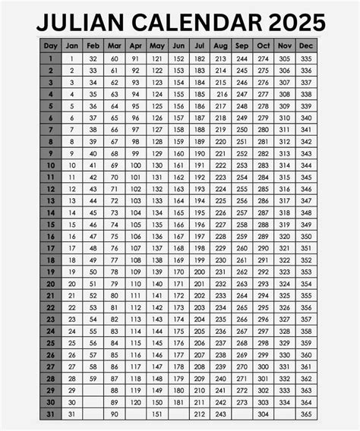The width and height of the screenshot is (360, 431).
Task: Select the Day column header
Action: tap(51, 45)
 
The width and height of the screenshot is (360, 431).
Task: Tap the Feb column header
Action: tap(93, 45)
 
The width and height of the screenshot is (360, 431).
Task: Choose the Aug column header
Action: tap(220, 45)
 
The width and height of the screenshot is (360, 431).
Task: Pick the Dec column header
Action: tap(305, 45)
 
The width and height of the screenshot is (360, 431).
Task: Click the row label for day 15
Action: tap(51, 225)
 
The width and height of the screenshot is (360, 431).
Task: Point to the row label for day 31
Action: tap(51, 414)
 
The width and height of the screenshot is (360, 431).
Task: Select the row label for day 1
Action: tap(51, 58)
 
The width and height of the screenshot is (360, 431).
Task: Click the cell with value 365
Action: tap(305, 414)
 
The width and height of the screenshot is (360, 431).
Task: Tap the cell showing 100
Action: tap(135, 165)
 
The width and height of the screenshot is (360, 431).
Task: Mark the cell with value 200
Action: tap(199, 272)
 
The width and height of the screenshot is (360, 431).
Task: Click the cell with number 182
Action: tap(199, 58)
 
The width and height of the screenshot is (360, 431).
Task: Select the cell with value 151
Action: tap(156, 414)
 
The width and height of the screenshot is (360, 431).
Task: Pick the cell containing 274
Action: tap(263, 58)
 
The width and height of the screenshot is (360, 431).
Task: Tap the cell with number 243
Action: tap(220, 414)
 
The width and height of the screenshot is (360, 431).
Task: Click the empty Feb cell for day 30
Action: tap(93, 401)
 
